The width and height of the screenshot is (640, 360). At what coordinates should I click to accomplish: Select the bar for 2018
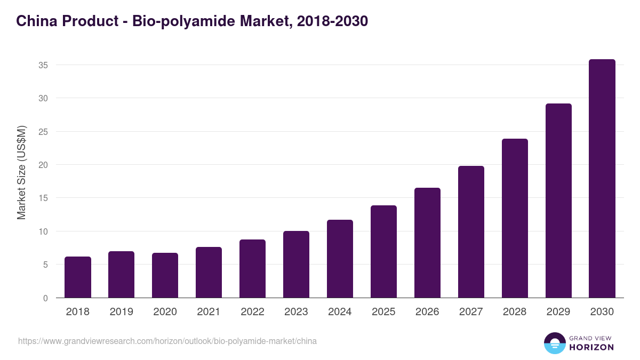tap(78, 277)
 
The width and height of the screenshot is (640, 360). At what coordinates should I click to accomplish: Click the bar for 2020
tap(165, 275)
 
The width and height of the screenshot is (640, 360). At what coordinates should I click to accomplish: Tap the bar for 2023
tap(297, 265)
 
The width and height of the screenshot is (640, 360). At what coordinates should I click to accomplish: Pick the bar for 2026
tap(428, 243)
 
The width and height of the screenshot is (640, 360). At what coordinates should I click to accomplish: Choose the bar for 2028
tap(515, 218)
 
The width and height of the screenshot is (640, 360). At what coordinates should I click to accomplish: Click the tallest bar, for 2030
tap(603, 179)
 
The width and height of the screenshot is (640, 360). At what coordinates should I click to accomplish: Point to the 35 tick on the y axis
tap(44, 65)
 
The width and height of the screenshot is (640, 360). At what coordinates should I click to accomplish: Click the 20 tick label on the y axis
tap(44, 165)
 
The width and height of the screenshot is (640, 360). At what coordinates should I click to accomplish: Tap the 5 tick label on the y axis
tap(46, 265)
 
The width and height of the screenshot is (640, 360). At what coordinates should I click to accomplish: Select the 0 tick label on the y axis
tap(46, 298)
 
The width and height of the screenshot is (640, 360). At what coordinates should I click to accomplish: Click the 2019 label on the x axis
tap(122, 312)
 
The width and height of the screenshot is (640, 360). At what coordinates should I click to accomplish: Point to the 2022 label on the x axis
tap(253, 312)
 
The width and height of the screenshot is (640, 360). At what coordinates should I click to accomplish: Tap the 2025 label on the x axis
tap(384, 312)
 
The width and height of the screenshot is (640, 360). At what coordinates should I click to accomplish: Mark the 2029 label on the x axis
tap(559, 312)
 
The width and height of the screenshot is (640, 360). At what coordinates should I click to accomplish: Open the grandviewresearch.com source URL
tap(167, 341)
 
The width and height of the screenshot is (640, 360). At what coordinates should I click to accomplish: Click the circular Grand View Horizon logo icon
tap(555, 343)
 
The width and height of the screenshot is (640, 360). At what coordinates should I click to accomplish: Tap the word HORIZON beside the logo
tap(591, 347)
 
